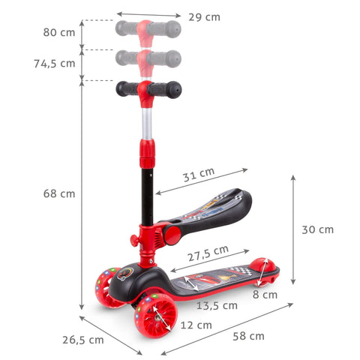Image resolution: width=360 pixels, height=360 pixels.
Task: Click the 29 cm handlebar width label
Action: [203, 16]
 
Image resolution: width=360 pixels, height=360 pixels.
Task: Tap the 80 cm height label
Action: [60, 32]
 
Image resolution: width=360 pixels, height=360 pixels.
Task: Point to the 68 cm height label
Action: [58, 193]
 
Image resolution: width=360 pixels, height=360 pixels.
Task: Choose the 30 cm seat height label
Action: [316, 229]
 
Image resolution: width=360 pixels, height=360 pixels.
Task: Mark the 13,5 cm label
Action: [217, 305]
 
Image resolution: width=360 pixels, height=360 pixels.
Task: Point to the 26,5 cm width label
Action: [82, 340]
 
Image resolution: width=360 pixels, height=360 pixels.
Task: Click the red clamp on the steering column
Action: [145, 158]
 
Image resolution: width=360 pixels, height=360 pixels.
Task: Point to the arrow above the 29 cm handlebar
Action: [148, 14]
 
